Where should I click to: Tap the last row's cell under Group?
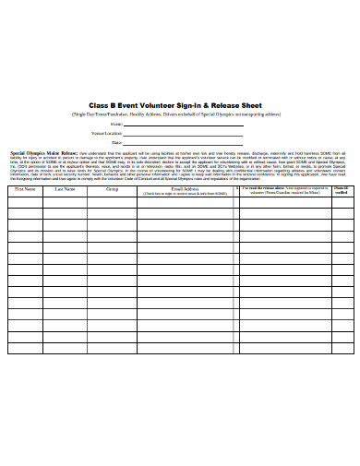112,348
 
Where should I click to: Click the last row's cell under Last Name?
65,348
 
